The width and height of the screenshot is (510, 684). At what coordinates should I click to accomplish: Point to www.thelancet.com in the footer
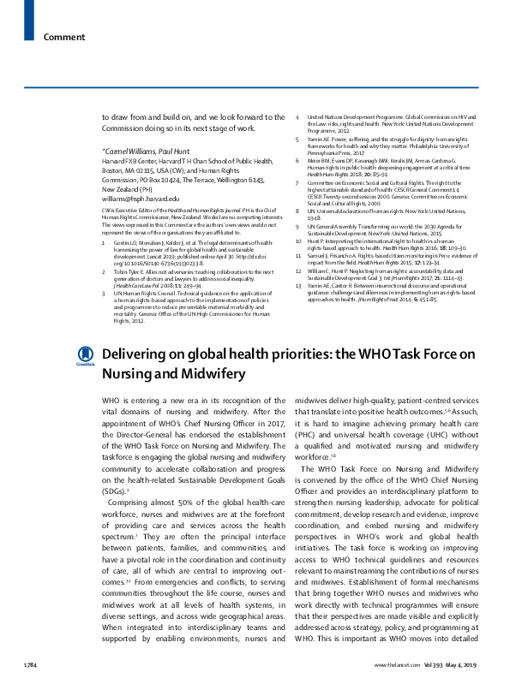pos(394,665)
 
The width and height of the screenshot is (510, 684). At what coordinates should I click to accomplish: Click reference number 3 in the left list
pos(105,269)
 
